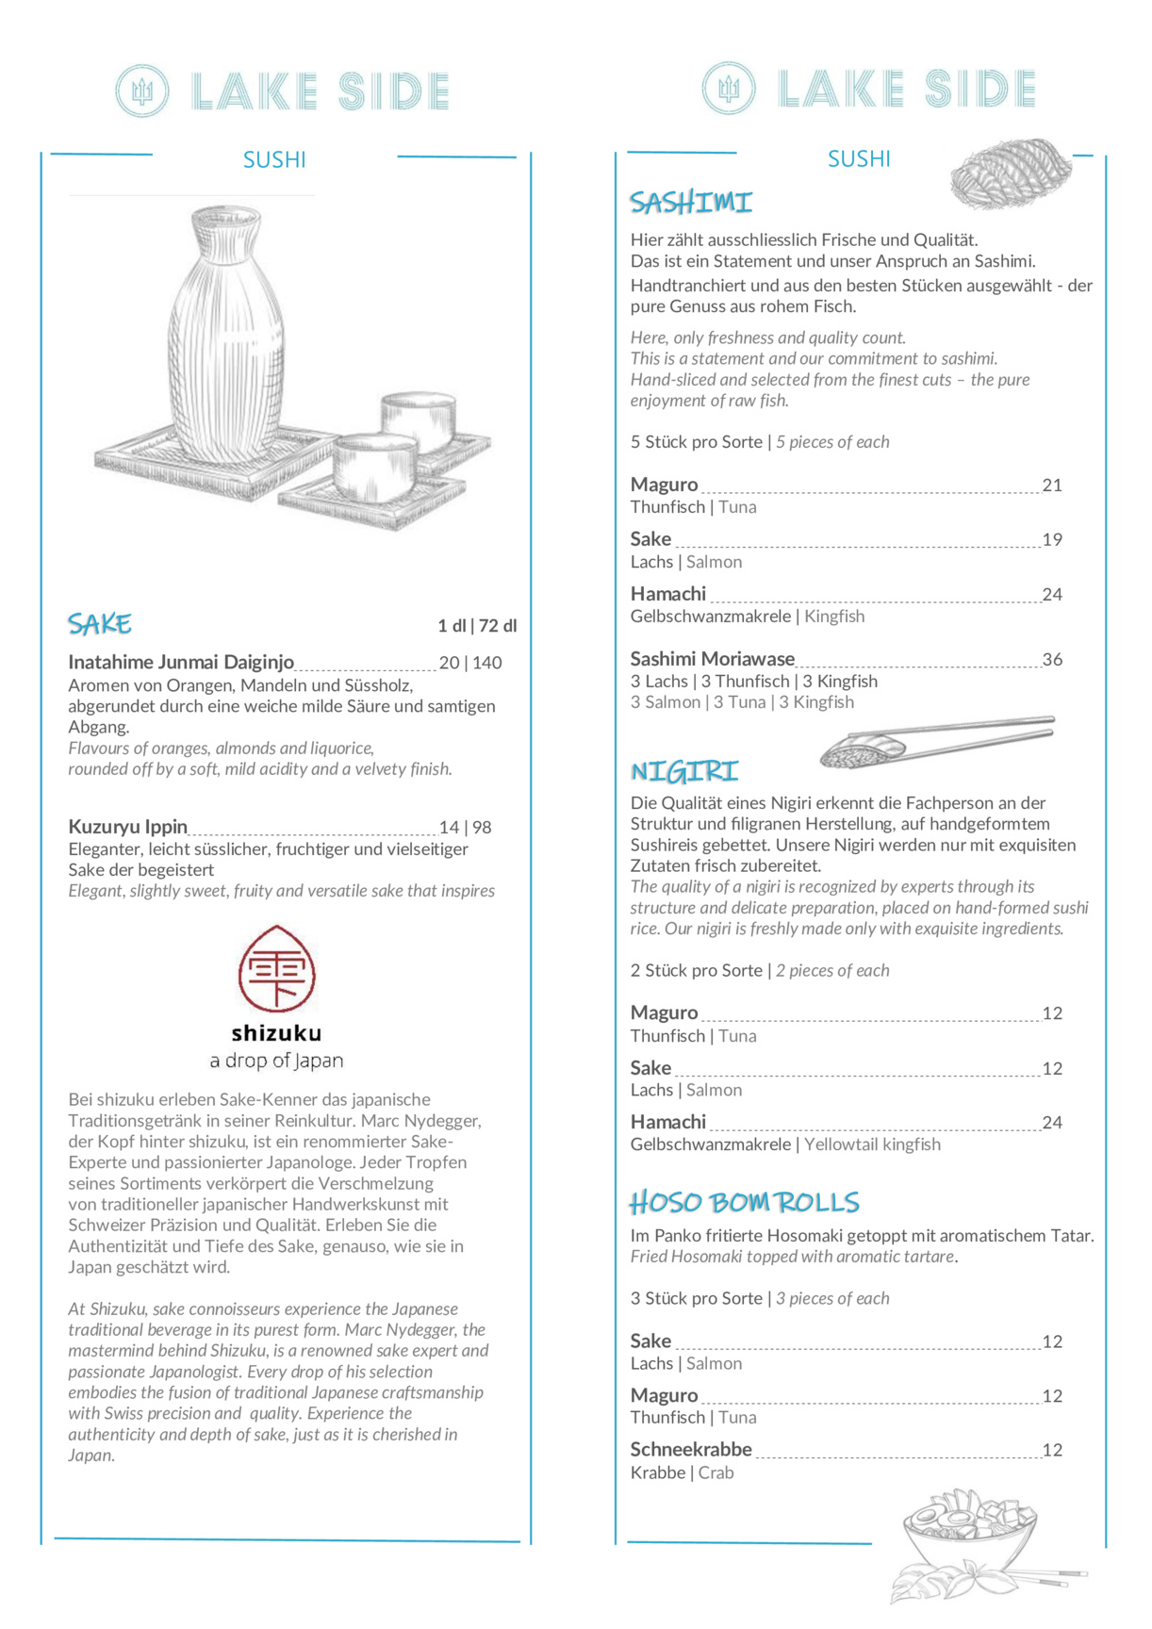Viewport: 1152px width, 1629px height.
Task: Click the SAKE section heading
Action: pyautogui.click(x=99, y=624)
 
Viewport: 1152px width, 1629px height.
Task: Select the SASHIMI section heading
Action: pyautogui.click(x=691, y=203)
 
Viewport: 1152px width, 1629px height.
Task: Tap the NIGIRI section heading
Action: pyautogui.click(x=684, y=772)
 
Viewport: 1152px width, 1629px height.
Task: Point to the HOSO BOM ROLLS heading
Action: pyautogui.click(x=745, y=1203)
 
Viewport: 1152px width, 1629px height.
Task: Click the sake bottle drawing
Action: pyautogui.click(x=226, y=339)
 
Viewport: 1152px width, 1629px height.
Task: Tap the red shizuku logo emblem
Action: pyautogui.click(x=276, y=968)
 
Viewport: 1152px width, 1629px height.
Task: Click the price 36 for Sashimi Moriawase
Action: pyautogui.click(x=1052, y=660)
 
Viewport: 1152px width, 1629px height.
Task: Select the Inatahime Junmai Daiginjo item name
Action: pyautogui.click(x=181, y=663)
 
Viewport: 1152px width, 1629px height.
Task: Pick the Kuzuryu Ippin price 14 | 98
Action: pyautogui.click(x=466, y=828)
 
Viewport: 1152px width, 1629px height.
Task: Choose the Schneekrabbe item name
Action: pyautogui.click(x=691, y=1450)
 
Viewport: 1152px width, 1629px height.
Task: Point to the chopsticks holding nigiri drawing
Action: pyautogui.click(x=938, y=741)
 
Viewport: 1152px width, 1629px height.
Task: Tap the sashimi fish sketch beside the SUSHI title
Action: pyautogui.click(x=1011, y=173)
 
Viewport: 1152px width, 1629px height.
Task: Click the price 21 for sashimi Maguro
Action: pyautogui.click(x=1052, y=485)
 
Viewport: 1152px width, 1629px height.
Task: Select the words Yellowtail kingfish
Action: pyautogui.click(x=872, y=1144)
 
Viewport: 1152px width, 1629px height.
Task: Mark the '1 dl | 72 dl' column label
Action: pyautogui.click(x=477, y=626)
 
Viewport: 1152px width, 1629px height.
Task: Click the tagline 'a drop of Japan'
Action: pyautogui.click(x=276, y=1061)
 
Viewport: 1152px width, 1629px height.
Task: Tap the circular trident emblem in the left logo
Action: pyautogui.click(x=142, y=91)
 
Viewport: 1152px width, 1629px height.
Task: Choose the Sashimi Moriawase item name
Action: pyautogui.click(x=713, y=659)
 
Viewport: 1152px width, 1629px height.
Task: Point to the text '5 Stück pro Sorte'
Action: pyautogui.click(x=697, y=442)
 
